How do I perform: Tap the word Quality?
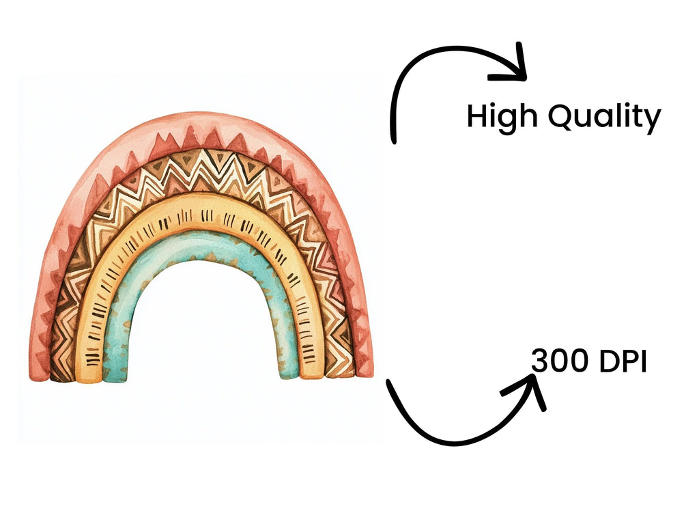coord(604,117)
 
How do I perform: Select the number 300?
coord(560,361)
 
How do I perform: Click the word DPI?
coord(623,361)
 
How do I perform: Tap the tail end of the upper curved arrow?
coord(394,141)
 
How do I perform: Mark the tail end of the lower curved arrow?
coord(388,382)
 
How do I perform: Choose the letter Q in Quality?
coord(561,116)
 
